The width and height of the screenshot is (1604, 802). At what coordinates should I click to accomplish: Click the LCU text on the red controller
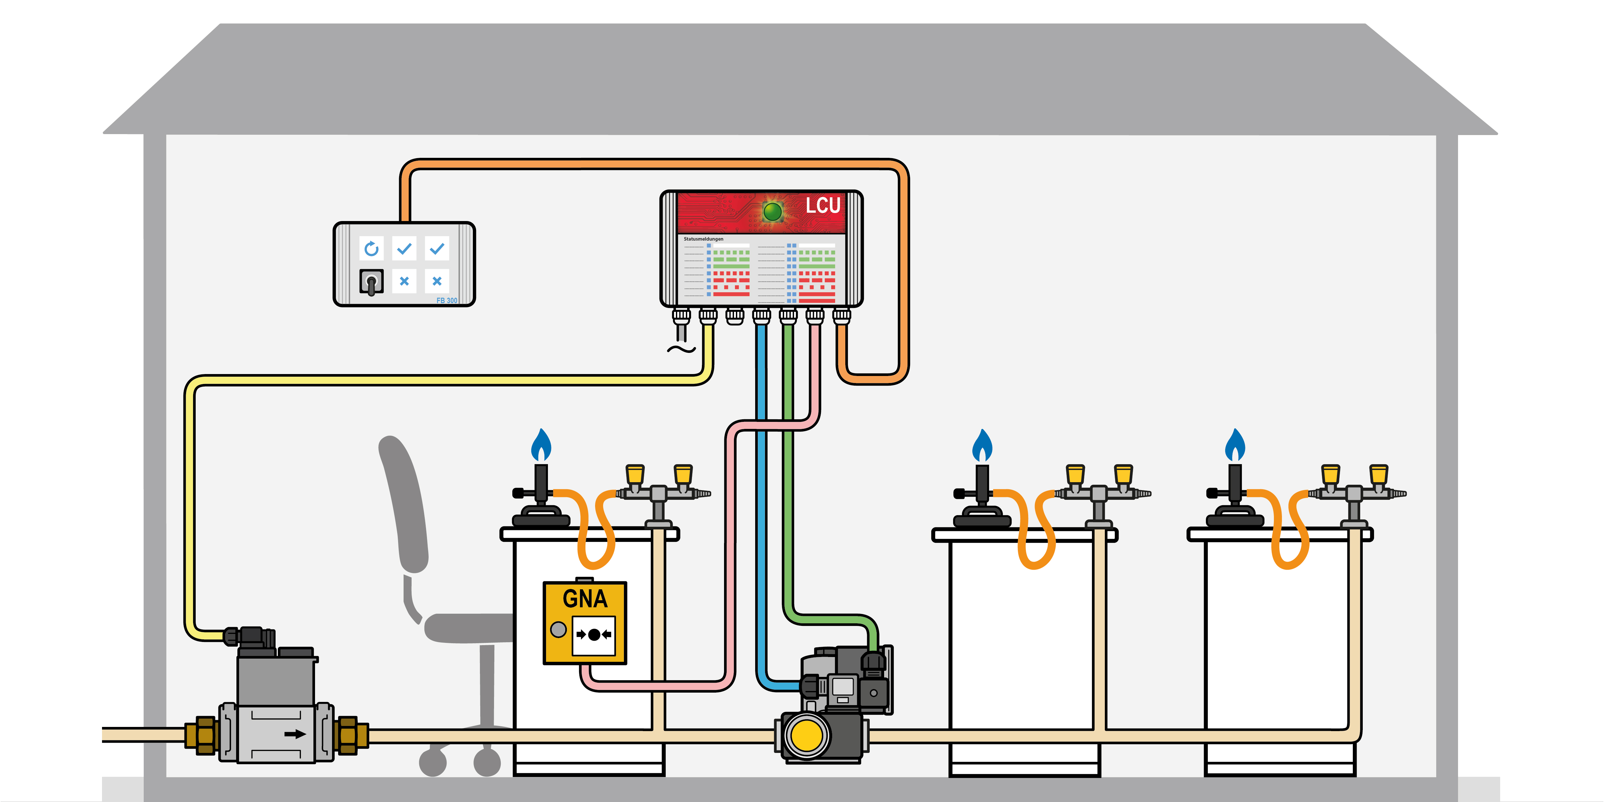(x=823, y=206)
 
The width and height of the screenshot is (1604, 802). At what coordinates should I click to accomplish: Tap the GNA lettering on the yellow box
(x=585, y=599)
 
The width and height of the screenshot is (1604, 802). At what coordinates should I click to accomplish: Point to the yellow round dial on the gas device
(x=806, y=735)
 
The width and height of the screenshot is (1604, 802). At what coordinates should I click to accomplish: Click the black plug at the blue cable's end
(x=809, y=686)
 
